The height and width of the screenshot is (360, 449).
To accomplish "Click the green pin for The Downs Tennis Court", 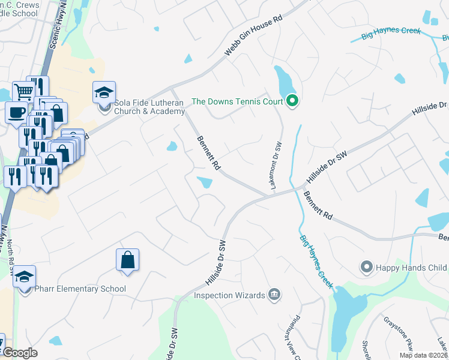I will pos(292,101).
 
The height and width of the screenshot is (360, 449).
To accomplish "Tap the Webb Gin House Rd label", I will pos(253,37).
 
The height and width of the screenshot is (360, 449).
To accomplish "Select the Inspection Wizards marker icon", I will pos(274,295).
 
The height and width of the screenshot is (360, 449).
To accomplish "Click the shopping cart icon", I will pos(23,91).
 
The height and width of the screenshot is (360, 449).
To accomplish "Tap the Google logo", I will pos(19,352).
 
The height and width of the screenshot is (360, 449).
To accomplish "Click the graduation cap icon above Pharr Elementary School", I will pos(24,276).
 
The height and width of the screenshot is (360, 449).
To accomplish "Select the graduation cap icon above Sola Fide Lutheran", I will pos(104,92).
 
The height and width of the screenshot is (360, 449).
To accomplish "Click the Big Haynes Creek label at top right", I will pos(385,33).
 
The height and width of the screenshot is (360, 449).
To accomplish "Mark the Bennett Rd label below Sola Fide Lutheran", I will pos(209,152).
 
